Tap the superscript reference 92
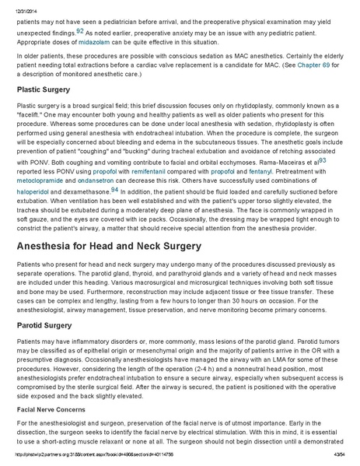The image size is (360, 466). pos(80,30)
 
